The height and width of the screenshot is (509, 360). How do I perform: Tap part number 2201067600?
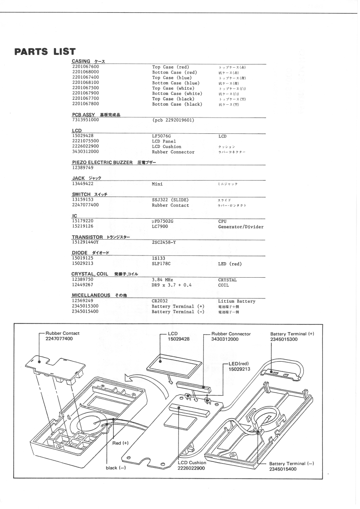pos(86,67)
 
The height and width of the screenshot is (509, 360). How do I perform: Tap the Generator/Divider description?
pos(241,226)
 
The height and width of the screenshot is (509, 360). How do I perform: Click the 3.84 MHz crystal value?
pos(164,280)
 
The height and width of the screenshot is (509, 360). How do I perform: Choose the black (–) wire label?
pos(115,468)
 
